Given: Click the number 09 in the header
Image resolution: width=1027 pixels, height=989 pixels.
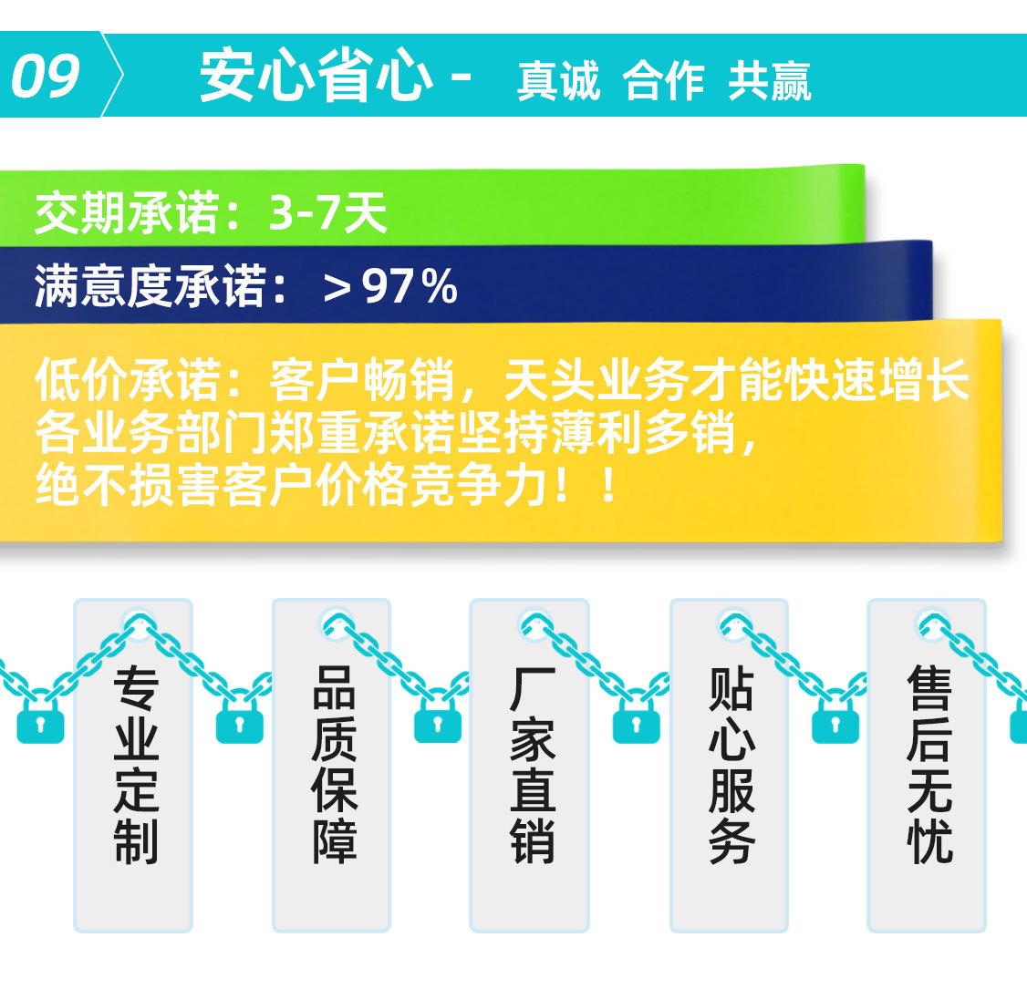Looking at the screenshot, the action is point(46,76).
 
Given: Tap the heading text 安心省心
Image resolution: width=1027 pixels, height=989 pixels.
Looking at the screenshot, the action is point(316,76).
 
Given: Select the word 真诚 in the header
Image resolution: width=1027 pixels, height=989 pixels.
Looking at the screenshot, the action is point(558,81).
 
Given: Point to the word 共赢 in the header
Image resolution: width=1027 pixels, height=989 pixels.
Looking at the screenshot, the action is point(770,81).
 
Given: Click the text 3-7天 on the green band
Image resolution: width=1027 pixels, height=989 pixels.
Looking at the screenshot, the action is point(327,211).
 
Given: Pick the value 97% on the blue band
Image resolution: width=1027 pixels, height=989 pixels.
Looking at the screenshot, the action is point(410,287).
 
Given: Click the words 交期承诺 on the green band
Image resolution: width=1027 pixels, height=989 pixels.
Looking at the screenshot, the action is point(127,211).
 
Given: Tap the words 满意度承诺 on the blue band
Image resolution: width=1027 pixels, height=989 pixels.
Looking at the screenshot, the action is point(150,286).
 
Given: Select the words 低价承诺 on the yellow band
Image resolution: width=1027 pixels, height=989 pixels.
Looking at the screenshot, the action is point(127,379).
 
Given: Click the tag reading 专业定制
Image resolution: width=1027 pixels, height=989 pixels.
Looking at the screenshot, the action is point(133,765).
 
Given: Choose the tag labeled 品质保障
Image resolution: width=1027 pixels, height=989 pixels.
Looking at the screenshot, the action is point(331,765).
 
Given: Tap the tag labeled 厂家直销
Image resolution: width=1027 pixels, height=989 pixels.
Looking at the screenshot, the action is point(529,765).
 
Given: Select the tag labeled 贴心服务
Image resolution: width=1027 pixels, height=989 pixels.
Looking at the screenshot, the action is point(729,765).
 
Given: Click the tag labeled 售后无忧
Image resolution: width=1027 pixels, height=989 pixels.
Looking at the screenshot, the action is point(927,765).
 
